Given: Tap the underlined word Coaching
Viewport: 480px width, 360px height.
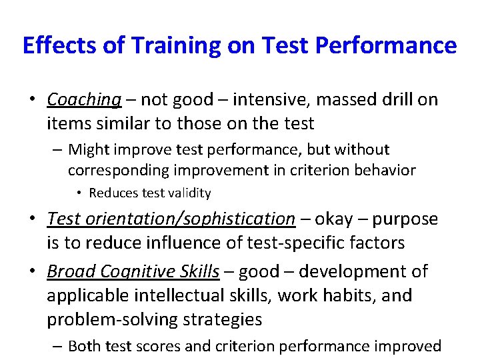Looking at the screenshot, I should coord(84,100).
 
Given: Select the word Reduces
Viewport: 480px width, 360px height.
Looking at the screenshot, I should coord(113,193).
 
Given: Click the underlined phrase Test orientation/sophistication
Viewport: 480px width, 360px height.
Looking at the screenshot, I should coord(171,219).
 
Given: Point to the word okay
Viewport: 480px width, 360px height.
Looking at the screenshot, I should coord(333,219).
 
